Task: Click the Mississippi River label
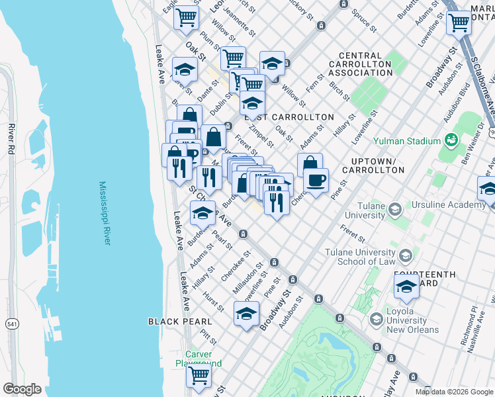click(105, 213)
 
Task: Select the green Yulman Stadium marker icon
click(451, 140)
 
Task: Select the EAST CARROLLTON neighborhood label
click(290, 117)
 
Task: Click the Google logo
click(21, 389)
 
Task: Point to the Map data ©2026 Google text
click(453, 392)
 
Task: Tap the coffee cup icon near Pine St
click(316, 180)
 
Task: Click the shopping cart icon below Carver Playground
click(199, 376)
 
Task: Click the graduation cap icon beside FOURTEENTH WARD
click(406, 287)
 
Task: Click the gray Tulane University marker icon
click(395, 210)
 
